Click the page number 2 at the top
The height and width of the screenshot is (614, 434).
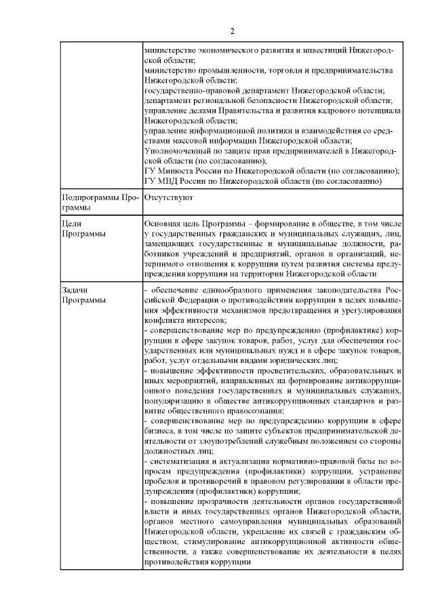[231, 31]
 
